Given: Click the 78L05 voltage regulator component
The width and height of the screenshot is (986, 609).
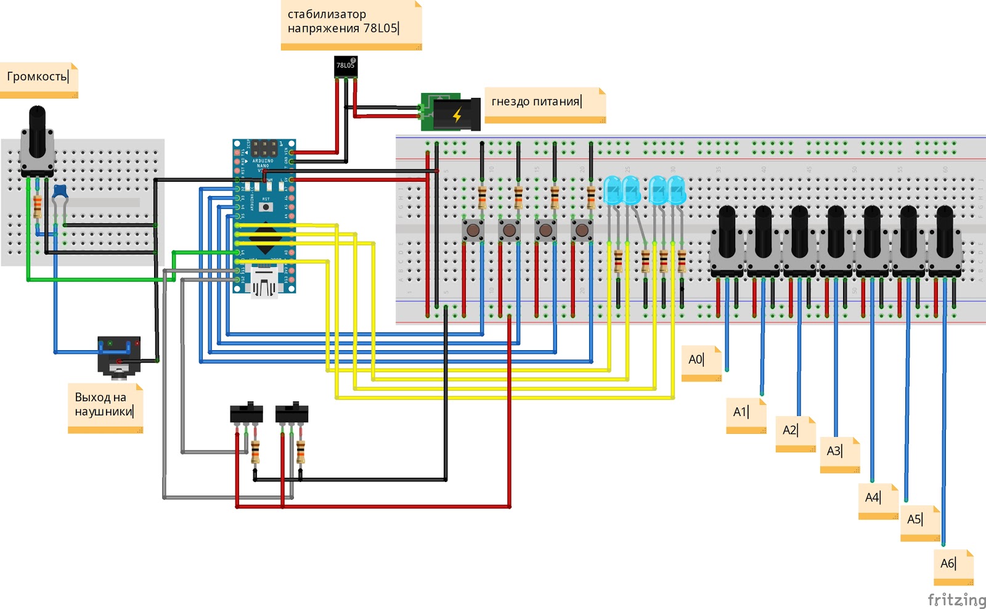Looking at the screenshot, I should click(x=345, y=67).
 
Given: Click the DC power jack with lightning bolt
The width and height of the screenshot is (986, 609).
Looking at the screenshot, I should click(x=456, y=114).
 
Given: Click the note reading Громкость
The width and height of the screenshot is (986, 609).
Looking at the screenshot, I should click(x=39, y=80).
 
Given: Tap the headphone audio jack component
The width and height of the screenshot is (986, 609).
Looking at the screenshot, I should click(x=119, y=356).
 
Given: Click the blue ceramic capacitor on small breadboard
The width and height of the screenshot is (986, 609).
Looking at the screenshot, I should click(x=60, y=192).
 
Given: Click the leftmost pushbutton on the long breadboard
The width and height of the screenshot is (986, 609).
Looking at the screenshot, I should click(x=473, y=231).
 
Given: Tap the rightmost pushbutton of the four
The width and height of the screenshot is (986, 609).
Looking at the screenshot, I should click(x=582, y=231).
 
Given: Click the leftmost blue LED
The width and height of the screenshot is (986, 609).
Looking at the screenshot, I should click(x=612, y=190).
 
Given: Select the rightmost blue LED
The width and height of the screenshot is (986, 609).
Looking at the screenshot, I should click(x=677, y=190).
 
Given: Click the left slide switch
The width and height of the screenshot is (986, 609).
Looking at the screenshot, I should click(x=246, y=413).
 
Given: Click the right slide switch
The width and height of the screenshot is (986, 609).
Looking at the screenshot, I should click(x=291, y=413).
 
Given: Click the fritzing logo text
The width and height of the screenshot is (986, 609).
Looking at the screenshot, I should click(x=956, y=599).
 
